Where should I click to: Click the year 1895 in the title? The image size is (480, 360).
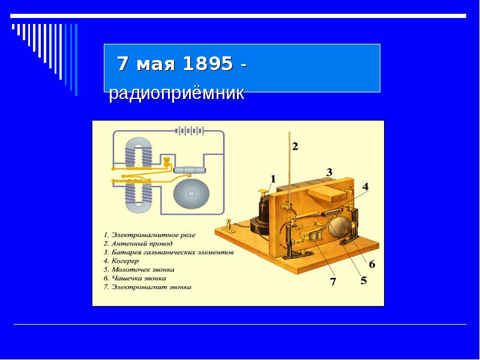click(208, 64)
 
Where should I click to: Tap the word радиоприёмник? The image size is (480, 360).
click(176, 93)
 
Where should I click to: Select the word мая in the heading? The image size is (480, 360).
click(156, 64)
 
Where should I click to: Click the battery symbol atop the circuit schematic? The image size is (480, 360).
click(190, 131)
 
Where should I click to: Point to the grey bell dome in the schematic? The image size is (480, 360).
click(191, 193)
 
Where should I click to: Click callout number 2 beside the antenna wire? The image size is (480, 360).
click(295, 146)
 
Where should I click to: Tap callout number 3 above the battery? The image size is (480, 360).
click(329, 172)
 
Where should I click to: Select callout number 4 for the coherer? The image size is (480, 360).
click(365, 187)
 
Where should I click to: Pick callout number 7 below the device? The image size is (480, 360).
click(333, 281)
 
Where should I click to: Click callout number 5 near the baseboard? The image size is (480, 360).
click(364, 280)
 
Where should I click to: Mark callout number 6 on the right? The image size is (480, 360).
click(371, 263)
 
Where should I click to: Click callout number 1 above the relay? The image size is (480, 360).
click(273, 179)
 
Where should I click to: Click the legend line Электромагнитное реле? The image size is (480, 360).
click(149, 235)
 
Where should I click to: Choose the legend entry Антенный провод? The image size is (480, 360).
click(138, 244)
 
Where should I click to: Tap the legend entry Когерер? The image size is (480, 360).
click(121, 261)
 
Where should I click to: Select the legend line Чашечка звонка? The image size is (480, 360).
click(134, 278)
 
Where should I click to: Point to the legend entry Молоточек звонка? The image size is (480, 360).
click(139, 269)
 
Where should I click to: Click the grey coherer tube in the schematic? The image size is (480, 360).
click(190, 170)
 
